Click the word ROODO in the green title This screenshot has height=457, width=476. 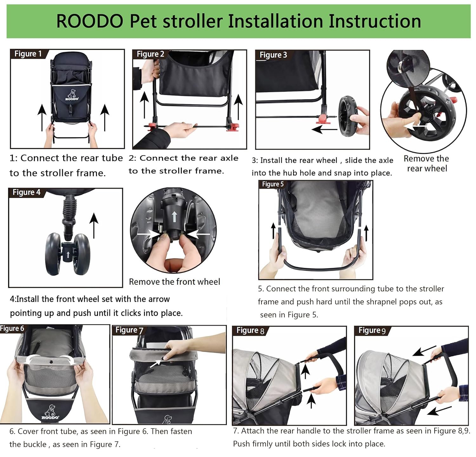90,21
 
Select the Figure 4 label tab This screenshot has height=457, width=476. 27,192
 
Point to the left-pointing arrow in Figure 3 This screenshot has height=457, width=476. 324,129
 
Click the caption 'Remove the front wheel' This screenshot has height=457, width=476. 175,281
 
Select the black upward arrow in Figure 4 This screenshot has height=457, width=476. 94,226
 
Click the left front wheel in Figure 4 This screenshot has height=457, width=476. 53,254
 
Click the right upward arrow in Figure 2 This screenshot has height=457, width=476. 238,108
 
